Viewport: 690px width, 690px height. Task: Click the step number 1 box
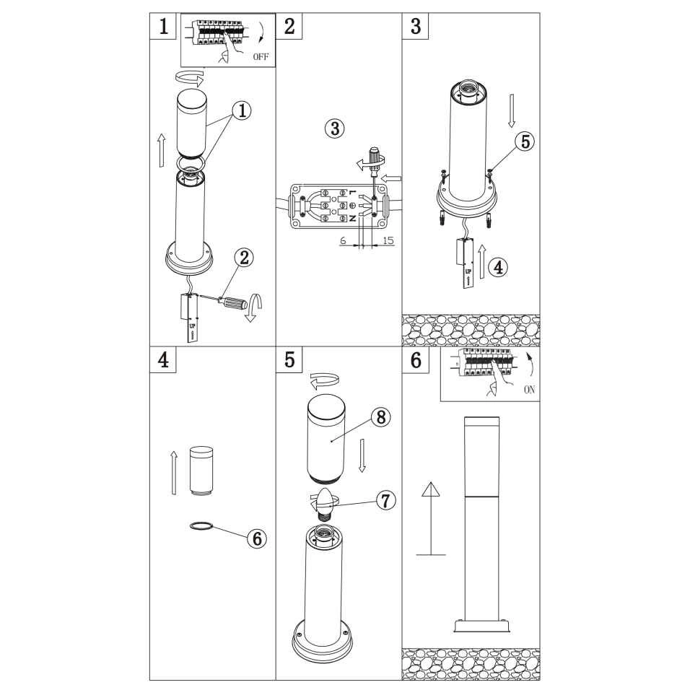pos(163,26)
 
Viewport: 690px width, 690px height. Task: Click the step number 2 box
pos(289,26)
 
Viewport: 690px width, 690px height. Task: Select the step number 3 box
pos(416,26)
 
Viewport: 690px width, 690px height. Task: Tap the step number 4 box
pos(163,359)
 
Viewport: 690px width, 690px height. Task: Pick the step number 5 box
pos(289,359)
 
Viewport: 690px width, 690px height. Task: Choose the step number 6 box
pos(416,359)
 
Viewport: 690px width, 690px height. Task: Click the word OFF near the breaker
pos(261,56)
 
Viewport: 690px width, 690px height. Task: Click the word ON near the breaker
pos(529,390)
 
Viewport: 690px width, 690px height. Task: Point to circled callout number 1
pos(242,110)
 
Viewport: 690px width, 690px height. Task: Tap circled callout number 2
pos(244,258)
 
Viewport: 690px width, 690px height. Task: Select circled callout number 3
pos(335,128)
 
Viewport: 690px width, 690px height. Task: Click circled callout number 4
pos(499,267)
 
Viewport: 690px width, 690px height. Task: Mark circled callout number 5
pos(525,141)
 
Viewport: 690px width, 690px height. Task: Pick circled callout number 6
pos(257,538)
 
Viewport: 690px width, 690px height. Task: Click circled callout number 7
pos(385,500)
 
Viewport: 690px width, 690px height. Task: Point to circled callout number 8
pos(381,416)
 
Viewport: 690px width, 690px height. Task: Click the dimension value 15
pos(388,241)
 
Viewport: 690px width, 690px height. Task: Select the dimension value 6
pos(344,241)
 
